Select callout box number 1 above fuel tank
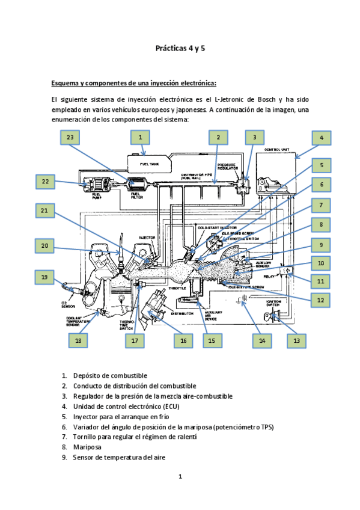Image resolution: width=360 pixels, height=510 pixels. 140,138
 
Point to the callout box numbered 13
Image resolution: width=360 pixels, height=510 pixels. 296,340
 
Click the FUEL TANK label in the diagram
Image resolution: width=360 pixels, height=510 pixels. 150,164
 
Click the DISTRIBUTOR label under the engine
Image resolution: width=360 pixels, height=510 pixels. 182,313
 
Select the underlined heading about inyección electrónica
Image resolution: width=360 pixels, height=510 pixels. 133,82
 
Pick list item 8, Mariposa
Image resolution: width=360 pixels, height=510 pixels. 87,447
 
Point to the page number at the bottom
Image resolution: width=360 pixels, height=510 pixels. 180,477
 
